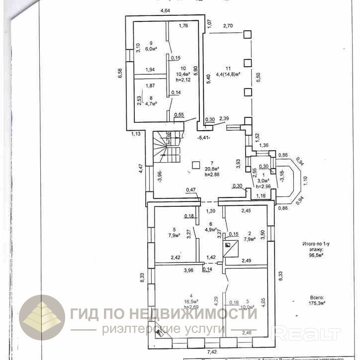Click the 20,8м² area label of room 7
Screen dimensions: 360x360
[211, 169]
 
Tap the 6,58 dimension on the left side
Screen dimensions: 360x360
[119, 73]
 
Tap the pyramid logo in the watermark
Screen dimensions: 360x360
[42, 318]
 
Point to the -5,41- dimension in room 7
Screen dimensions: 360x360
[204, 137]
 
